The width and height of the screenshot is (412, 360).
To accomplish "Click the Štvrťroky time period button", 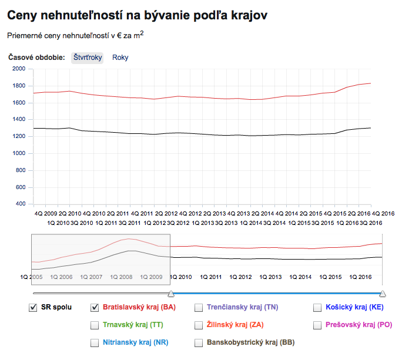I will point(88,58).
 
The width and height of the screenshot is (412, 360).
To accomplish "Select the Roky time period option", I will point(120,58).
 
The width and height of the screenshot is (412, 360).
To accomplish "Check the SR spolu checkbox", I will point(33,307).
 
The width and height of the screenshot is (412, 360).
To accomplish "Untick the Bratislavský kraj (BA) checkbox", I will point(95,307).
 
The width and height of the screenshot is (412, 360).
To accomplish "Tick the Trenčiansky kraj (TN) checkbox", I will point(199,307).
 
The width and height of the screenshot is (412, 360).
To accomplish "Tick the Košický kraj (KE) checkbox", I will point(317,307).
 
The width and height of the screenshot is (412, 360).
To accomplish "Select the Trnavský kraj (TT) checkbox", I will point(95,325).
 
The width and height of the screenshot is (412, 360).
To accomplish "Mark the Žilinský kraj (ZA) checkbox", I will point(199,325).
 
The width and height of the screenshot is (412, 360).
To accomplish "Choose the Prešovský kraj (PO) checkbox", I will point(317,325).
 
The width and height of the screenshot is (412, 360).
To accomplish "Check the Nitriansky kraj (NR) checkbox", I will point(95,342).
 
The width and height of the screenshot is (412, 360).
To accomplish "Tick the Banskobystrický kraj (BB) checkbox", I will point(199,342).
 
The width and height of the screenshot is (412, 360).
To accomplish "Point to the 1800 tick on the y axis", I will point(19,86).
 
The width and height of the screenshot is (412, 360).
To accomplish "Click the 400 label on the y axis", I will point(21,204).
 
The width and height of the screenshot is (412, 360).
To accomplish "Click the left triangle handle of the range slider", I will point(170,292).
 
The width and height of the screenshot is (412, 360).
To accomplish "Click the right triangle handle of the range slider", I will point(383,292).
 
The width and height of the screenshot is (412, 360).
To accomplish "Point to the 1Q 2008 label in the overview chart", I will point(121,277).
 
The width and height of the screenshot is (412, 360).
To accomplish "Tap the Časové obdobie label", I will point(36,58).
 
